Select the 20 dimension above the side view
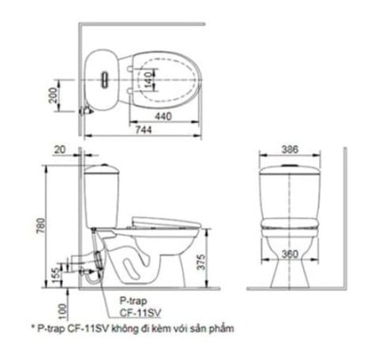59,149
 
